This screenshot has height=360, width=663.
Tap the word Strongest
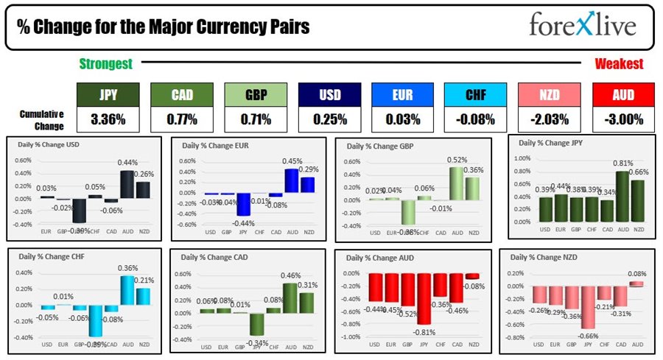click(106, 64)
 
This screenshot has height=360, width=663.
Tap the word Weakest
click(618, 64)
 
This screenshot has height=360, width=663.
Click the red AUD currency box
click(623, 94)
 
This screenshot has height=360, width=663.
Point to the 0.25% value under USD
click(329, 119)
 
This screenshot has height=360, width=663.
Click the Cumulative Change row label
click(41, 119)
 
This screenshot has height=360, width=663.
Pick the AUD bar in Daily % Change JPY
click(623, 196)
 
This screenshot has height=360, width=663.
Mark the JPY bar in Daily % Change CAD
click(256, 324)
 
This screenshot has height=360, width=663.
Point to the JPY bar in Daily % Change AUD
click(424, 299)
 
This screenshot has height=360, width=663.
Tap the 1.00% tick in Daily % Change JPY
click(522, 158)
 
